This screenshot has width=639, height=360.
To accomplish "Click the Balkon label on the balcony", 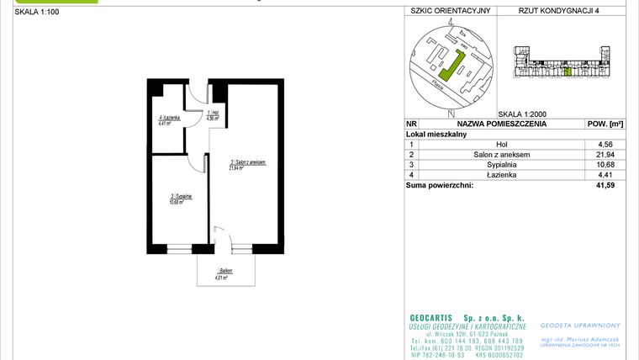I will pyautogui.click(x=222, y=271).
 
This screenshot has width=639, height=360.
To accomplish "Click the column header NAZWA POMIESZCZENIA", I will pyautogui.click(x=501, y=124).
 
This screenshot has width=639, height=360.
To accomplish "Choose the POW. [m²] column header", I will pyautogui.click(x=602, y=124).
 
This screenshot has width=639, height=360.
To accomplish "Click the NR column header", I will pyautogui.click(x=410, y=124).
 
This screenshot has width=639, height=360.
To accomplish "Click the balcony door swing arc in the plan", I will pyautogui.click(x=221, y=236).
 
